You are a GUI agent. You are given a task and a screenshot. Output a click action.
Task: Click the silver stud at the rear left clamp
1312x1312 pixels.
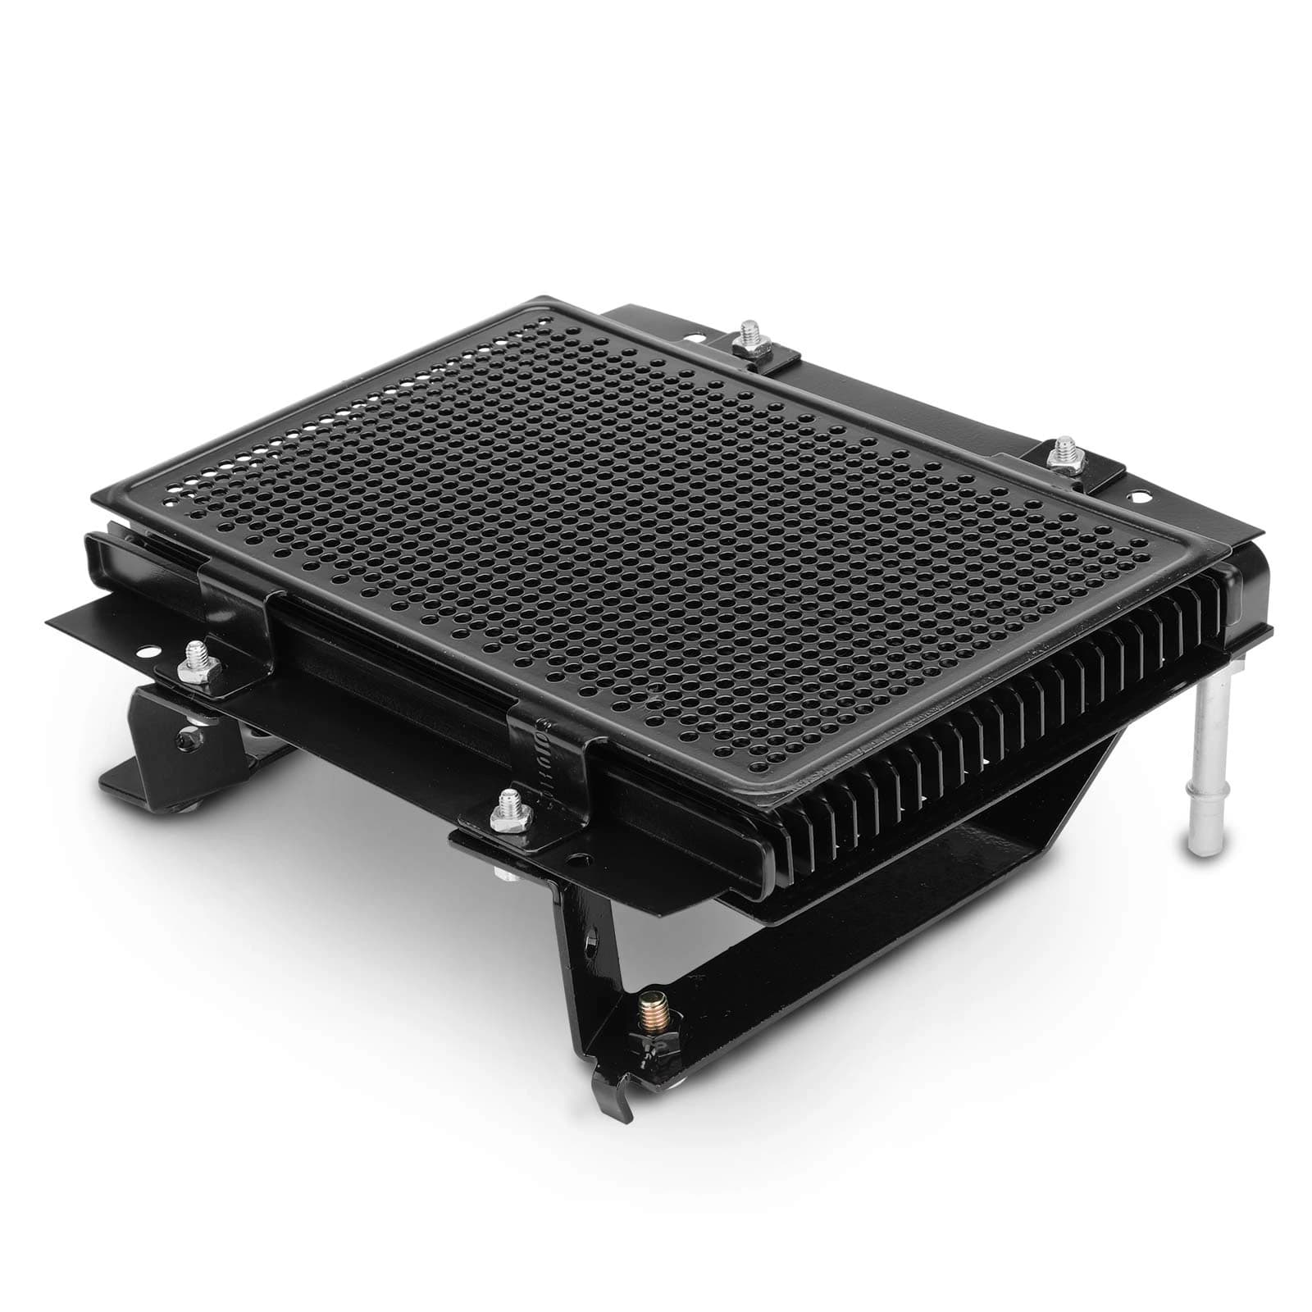tap(748, 331)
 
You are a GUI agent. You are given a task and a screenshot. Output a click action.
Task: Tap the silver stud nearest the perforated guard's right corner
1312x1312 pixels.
tap(1064, 449)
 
